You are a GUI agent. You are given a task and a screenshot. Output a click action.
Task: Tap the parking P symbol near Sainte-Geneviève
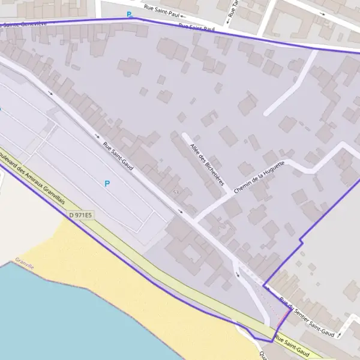tap(128, 14)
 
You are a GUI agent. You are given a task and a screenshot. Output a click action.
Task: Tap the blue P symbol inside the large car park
tap(107, 184)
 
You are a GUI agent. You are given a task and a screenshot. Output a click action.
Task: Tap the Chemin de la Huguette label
tap(257, 175)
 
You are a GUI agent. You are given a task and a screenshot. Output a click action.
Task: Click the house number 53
tap(176, 192)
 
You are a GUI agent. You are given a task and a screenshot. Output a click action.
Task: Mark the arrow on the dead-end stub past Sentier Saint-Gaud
tap(339, 332)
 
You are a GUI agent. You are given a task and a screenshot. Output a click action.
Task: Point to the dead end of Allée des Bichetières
tap(185, 136)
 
